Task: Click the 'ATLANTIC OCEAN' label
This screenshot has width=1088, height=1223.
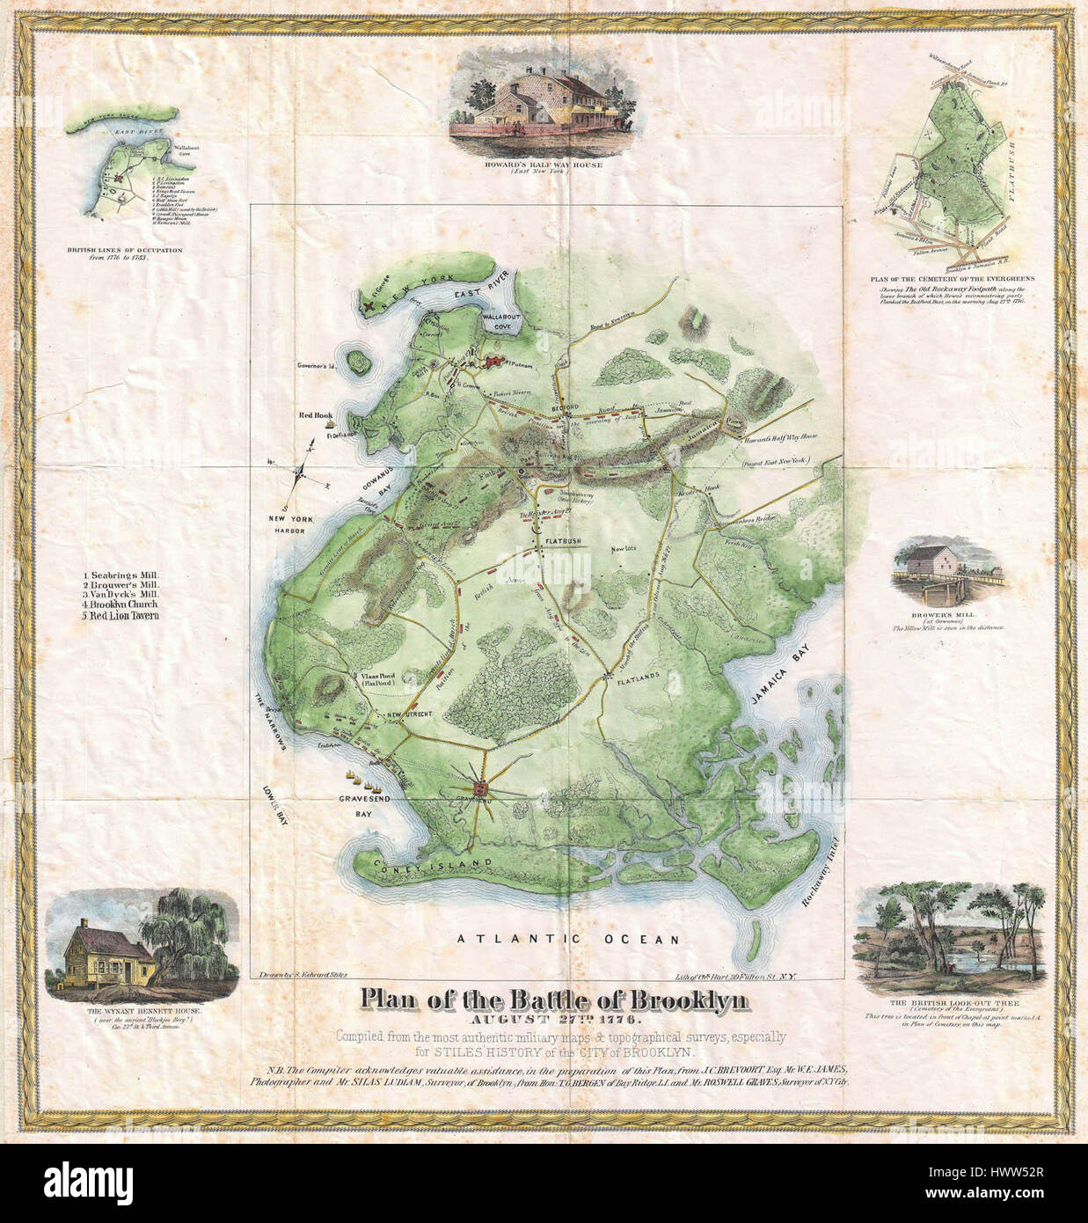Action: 568,940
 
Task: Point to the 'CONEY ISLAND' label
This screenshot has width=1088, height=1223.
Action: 422,866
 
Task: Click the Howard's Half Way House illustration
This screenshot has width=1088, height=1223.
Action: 522,106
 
